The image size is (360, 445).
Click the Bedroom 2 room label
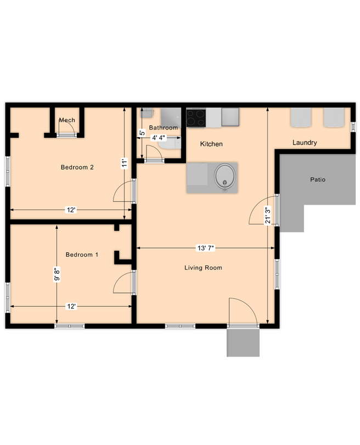77,167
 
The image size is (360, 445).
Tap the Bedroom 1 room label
82,255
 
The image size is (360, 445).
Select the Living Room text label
203,268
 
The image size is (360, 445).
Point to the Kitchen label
211,144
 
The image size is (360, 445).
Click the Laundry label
304,143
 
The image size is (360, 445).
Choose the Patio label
318,179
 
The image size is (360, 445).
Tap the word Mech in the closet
67,120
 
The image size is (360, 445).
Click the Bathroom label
164,128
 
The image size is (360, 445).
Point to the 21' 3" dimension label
267,216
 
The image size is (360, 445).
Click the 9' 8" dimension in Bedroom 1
57,274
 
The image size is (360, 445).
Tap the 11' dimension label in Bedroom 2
125,164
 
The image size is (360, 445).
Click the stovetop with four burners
195,118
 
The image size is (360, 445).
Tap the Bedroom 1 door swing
124,283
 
